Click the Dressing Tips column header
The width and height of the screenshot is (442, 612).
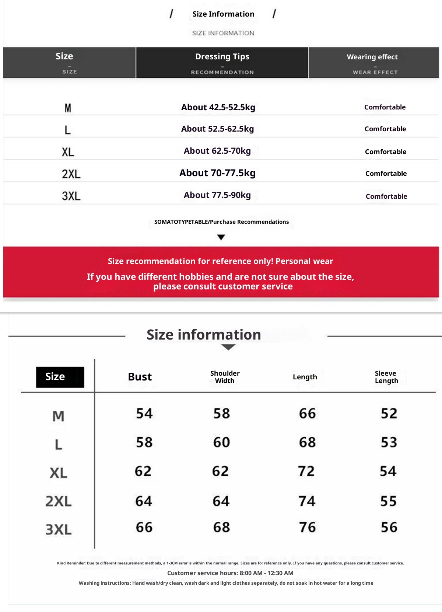click(x=222, y=57)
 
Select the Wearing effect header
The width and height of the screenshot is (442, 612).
click(x=372, y=57)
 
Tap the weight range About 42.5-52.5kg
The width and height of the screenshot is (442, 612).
click(x=218, y=107)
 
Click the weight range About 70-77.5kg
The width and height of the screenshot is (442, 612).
click(x=217, y=173)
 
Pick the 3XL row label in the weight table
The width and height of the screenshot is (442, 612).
click(x=71, y=196)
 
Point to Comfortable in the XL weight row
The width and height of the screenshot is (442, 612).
click(x=386, y=152)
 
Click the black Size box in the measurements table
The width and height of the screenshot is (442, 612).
click(x=60, y=377)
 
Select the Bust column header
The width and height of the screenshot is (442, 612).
click(x=140, y=377)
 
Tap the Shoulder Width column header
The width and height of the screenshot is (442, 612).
click(x=225, y=377)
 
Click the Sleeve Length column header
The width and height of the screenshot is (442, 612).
click(x=386, y=377)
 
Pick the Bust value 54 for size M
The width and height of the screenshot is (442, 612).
click(x=144, y=413)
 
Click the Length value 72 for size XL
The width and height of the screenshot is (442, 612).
click(x=306, y=471)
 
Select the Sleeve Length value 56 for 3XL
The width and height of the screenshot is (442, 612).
click(x=389, y=527)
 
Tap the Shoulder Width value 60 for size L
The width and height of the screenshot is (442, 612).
click(x=221, y=442)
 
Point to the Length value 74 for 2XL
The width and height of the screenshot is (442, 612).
click(x=307, y=501)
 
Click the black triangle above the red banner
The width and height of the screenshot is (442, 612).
click(x=221, y=237)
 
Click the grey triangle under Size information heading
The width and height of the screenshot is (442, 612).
click(x=228, y=347)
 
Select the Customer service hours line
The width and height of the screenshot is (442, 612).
click(x=230, y=573)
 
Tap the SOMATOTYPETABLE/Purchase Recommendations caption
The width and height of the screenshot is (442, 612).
click(x=221, y=222)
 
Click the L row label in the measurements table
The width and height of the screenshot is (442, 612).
click(x=59, y=445)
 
